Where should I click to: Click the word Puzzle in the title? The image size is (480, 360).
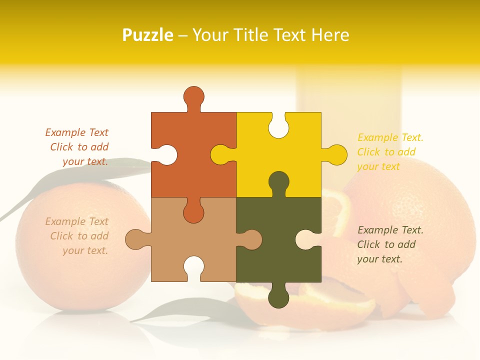(x=148, y=35)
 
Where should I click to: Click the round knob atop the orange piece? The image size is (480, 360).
(x=194, y=96)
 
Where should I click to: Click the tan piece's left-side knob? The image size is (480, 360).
(x=135, y=239)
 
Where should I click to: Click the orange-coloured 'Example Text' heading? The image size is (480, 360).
(x=76, y=132)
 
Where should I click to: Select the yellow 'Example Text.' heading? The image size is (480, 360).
(x=390, y=137)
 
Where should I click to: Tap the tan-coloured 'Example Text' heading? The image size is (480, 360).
(x=76, y=221)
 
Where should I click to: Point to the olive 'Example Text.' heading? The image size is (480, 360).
(x=390, y=230)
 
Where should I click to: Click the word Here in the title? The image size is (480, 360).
(x=330, y=35)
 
